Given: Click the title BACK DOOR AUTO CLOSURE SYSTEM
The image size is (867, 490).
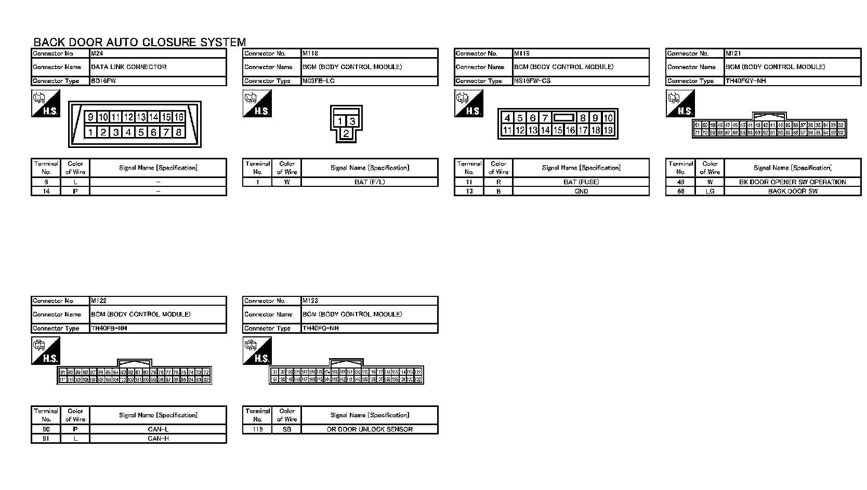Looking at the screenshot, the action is [139, 43].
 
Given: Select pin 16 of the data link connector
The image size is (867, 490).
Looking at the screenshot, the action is [179, 117].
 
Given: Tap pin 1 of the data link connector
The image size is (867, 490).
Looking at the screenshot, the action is [90, 132].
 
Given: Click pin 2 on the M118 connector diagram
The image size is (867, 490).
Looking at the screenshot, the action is [346, 134].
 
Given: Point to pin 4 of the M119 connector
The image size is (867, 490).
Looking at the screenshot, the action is [507, 118].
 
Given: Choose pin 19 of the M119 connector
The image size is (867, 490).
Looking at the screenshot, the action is [608, 130].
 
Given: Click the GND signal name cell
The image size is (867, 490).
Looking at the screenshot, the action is [581, 191].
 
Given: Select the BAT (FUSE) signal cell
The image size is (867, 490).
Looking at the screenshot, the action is [581, 182].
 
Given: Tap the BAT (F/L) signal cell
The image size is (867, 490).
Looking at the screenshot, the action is [370, 182].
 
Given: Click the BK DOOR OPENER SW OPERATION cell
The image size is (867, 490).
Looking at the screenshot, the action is [792, 182].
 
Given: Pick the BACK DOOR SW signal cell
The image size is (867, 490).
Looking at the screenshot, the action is [792, 191].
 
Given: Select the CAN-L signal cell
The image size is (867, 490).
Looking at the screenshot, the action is [158, 429].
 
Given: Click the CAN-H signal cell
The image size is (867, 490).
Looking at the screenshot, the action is [158, 439].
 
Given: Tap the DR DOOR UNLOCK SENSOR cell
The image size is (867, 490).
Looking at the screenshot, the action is [370, 429].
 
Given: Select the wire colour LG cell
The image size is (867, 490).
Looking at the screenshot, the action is [710, 191].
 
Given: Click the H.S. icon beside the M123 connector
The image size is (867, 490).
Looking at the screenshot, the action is [257, 351].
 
